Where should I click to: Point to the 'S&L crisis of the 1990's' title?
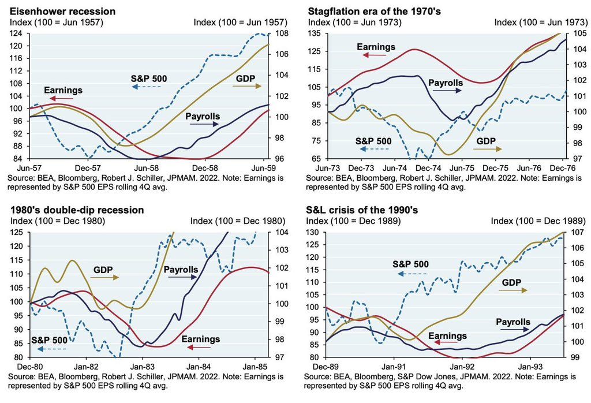coord(357,210)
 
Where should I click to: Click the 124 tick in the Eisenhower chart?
coord(16,33)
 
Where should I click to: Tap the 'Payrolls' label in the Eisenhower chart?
coord(203,117)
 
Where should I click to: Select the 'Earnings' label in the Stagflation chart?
coord(376,46)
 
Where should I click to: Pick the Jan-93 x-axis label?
coord(530,365)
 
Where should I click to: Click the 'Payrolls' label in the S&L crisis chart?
coord(512,322)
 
